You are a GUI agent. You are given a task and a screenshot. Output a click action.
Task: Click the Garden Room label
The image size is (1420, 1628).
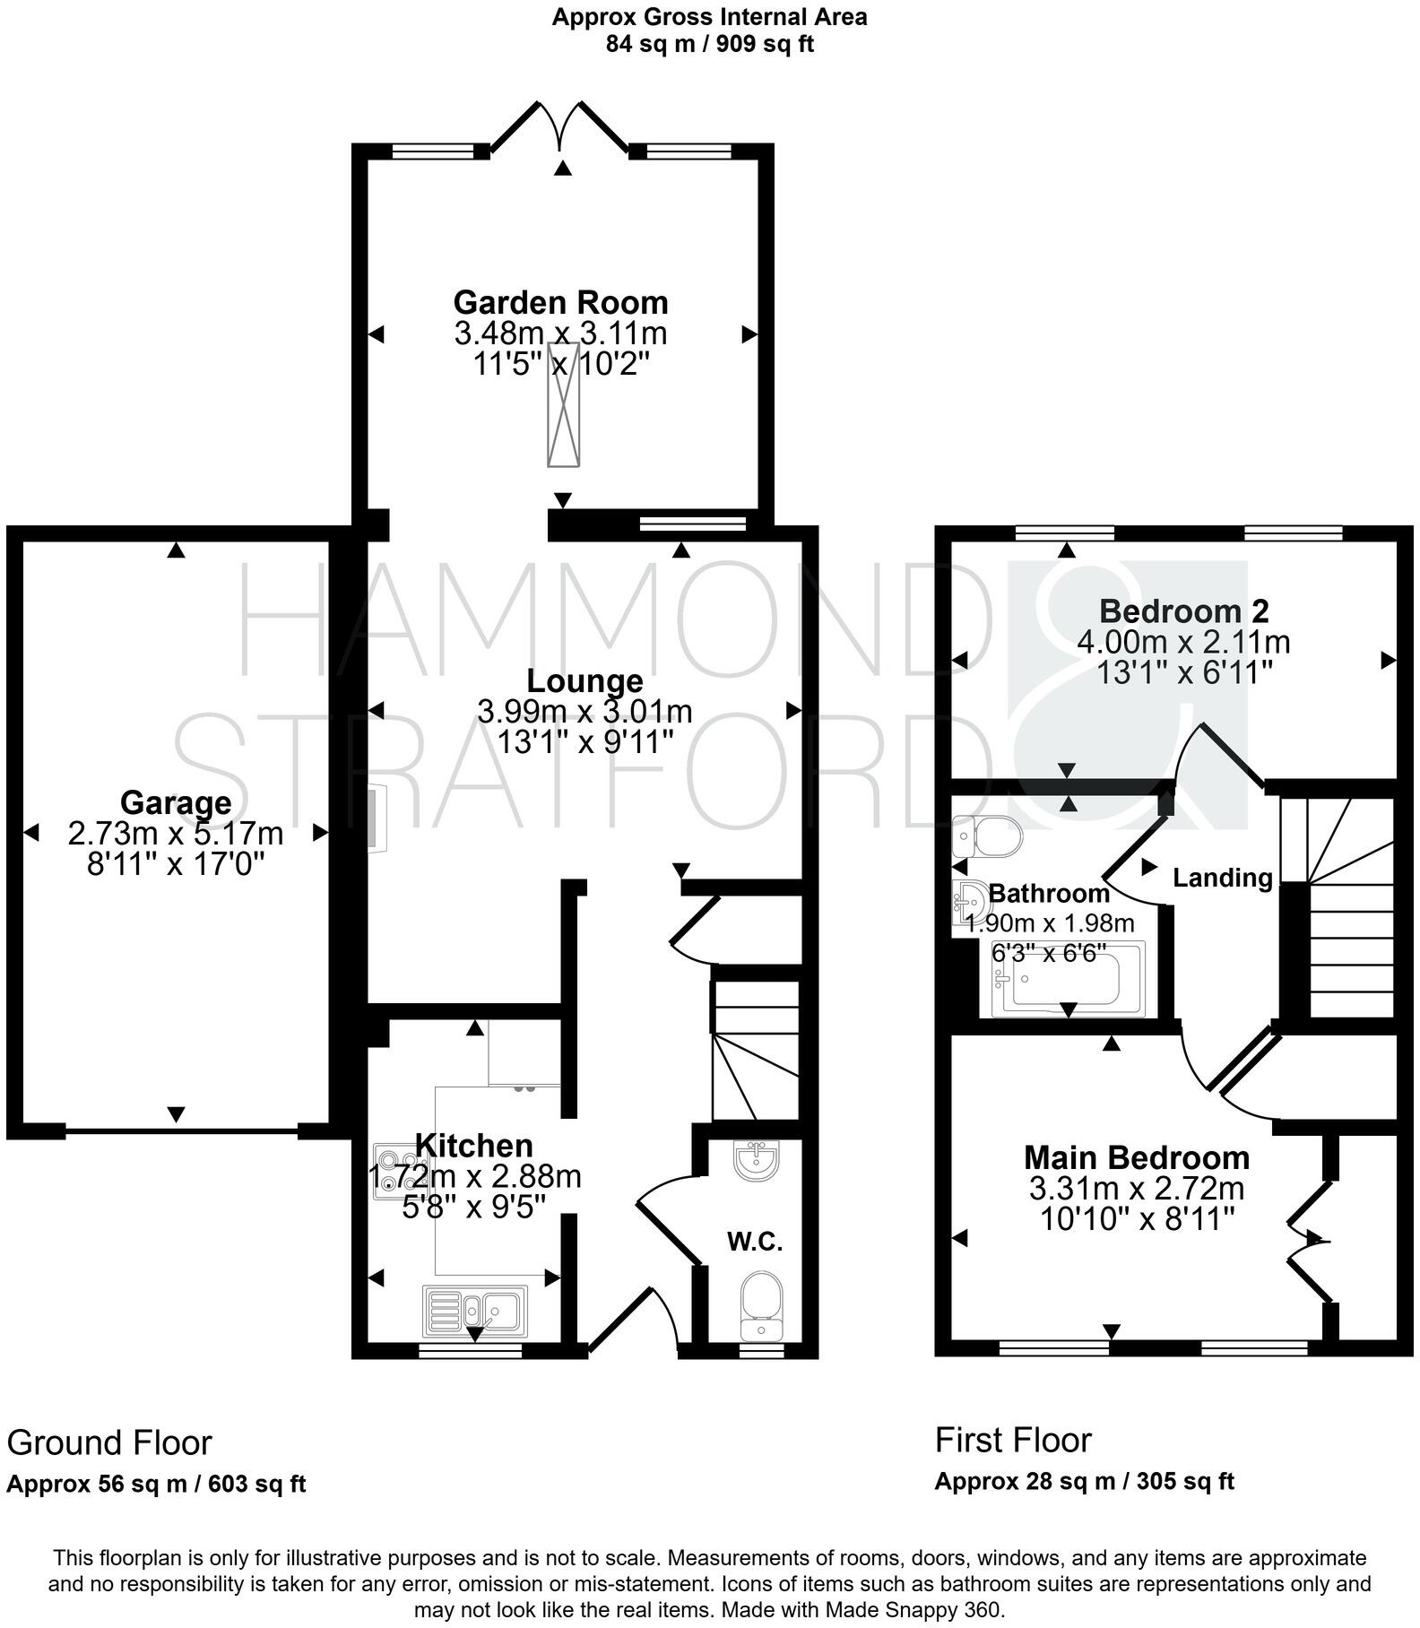(x=560, y=302)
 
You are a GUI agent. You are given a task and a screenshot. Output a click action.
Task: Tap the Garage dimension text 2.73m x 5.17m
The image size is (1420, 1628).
(x=176, y=834)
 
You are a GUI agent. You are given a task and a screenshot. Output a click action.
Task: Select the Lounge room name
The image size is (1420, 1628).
(x=584, y=681)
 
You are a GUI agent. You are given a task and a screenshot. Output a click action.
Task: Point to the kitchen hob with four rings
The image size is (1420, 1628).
(x=392, y=1171)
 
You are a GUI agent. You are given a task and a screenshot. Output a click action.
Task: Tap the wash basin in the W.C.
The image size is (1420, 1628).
(x=757, y=1162)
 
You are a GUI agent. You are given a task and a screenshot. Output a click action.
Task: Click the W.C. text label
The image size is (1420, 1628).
(x=755, y=1242)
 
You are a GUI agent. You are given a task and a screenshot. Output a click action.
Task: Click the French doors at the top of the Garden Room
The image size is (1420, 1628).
(x=560, y=127)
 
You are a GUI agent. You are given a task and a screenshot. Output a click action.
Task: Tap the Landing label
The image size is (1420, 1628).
(x=1223, y=878)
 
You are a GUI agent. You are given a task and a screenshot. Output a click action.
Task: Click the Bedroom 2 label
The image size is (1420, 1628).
(x=1183, y=611)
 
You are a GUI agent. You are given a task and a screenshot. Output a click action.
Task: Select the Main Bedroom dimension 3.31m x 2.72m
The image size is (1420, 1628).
(x=1136, y=1189)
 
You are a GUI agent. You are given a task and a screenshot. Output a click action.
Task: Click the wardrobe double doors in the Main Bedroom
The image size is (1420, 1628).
(x=1309, y=1241)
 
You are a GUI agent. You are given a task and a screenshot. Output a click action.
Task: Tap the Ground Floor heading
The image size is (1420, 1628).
(x=109, y=1443)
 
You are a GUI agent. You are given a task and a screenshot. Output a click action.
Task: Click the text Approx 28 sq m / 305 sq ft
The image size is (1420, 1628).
(x=1084, y=1481)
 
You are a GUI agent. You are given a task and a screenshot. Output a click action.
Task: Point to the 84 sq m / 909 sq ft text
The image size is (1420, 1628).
(x=709, y=44)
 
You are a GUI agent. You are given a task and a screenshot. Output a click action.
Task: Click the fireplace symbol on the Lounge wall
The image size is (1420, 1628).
(x=376, y=817)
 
